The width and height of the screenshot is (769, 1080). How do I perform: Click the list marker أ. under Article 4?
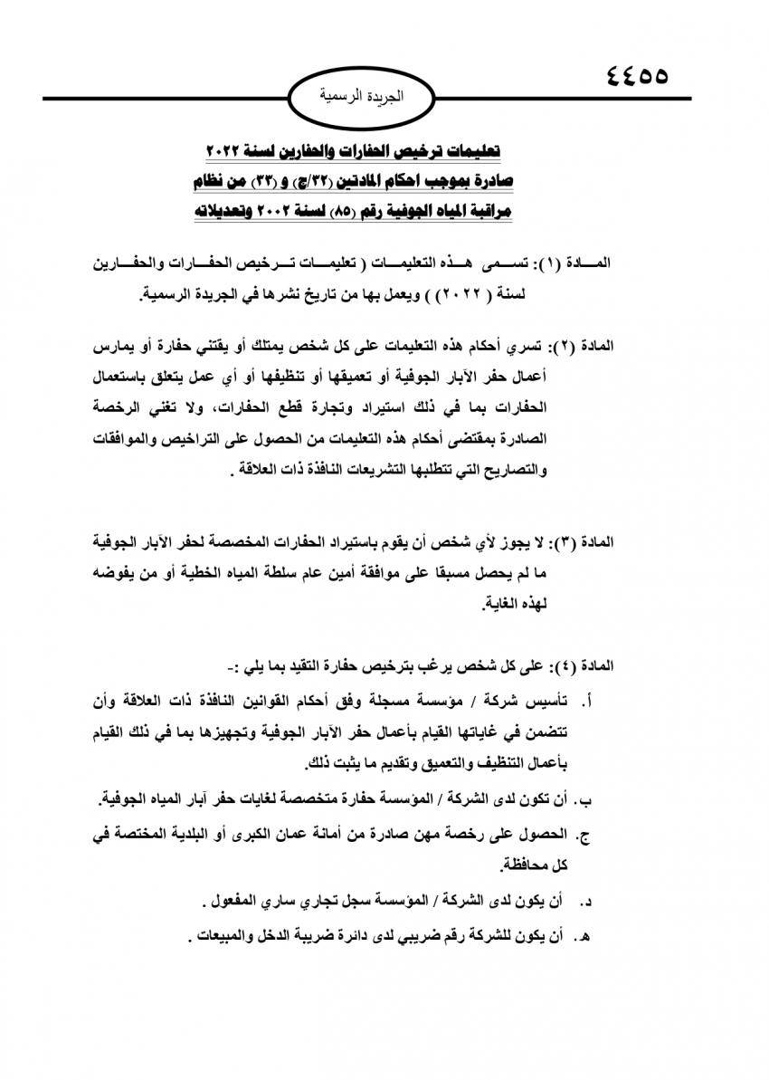[593, 700]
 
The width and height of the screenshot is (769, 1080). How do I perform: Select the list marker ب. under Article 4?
[591, 800]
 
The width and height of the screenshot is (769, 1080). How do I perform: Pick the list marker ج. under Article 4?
[592, 835]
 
